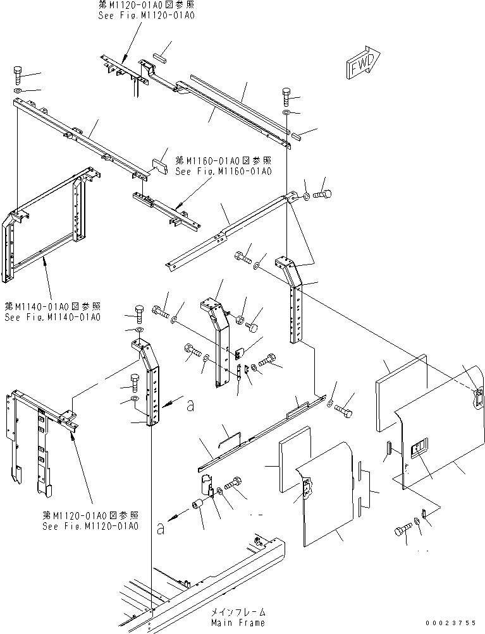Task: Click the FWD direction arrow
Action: (x=363, y=63)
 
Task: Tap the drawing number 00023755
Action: (x=450, y=623)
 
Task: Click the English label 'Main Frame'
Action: (x=238, y=623)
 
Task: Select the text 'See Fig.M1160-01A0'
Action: (x=223, y=171)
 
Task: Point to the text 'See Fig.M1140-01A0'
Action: (x=52, y=317)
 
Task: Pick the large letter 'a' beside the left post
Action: (x=190, y=405)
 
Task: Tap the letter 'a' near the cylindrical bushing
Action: (x=161, y=528)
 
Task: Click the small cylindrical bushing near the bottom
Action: (x=199, y=505)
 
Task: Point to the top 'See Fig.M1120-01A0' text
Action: (x=146, y=15)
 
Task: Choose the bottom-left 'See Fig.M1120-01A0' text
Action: (x=90, y=526)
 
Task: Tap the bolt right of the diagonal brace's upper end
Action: (x=322, y=195)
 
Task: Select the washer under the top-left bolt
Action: (x=18, y=90)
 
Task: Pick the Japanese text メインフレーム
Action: (x=238, y=611)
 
